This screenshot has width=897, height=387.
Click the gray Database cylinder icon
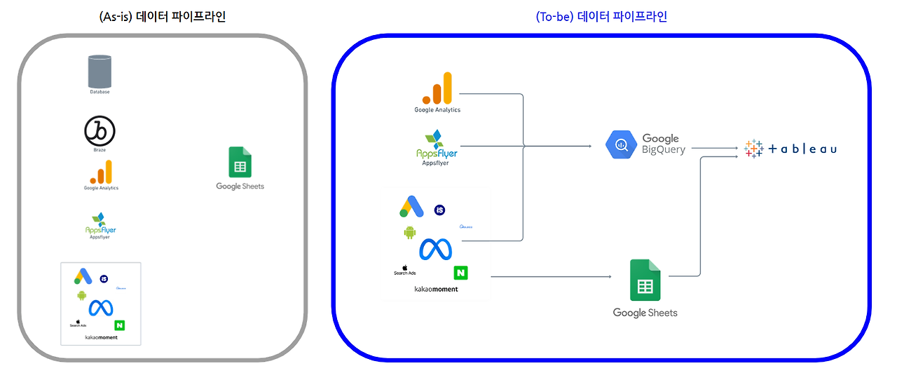pyautogui.click(x=100, y=72)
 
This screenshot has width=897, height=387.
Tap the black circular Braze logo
pyautogui.click(x=100, y=131)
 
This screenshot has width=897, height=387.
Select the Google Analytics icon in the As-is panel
pyautogui.click(x=100, y=172)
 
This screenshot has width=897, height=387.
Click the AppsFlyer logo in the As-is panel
pyautogui.click(x=100, y=224)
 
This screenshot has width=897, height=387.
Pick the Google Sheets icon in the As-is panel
pyautogui.click(x=240, y=162)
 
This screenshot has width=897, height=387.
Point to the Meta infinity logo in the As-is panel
pyautogui.click(x=101, y=308)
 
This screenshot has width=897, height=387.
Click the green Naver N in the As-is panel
pyautogui.click(x=119, y=325)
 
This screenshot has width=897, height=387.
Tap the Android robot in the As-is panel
pyautogui.click(x=82, y=295)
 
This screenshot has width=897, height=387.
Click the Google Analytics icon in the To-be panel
pyautogui.click(x=437, y=88)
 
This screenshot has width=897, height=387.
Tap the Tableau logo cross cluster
pyautogui.click(x=753, y=149)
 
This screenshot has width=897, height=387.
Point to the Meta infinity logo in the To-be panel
pyautogui.click(x=435, y=249)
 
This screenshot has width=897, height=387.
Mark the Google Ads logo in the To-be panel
pyautogui.click(x=411, y=207)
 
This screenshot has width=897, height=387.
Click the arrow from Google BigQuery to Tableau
pyautogui.click(x=715, y=149)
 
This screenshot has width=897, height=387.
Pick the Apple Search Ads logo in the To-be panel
pyautogui.click(x=405, y=269)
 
